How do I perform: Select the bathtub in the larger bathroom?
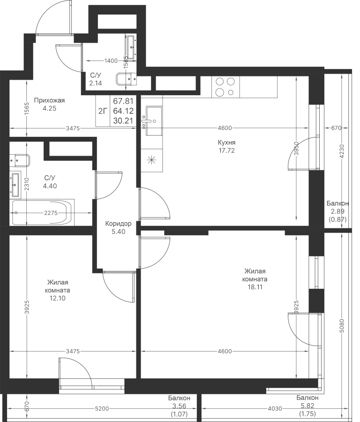(42, 213)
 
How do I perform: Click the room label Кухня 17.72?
(226, 146)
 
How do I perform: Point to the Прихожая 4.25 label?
(49, 104)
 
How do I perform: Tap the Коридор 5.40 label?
(118, 228)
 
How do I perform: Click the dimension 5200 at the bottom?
(102, 409)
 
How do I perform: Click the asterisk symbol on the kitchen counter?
(151, 159)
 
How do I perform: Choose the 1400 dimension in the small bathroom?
(111, 61)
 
